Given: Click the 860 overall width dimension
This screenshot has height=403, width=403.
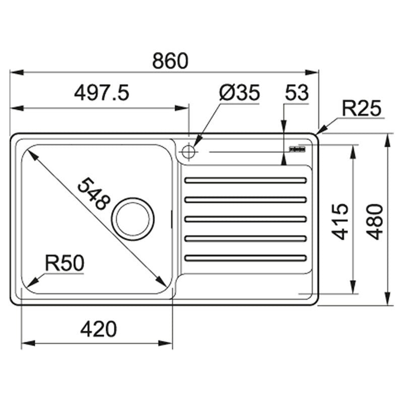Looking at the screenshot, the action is pyautogui.click(x=170, y=61).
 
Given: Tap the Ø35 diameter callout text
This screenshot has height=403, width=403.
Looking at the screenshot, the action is pyautogui.click(x=240, y=93).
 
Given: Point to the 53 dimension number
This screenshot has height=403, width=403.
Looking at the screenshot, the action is pyautogui.click(x=297, y=93).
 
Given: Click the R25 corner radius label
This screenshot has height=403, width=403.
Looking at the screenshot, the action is pyautogui.click(x=361, y=108).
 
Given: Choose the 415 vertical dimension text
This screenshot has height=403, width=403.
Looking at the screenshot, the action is pyautogui.click(x=340, y=222).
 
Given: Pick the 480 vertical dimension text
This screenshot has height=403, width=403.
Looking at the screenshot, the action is pyautogui.click(x=375, y=222).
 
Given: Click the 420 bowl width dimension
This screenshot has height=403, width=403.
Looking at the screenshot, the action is pyautogui.click(x=98, y=329).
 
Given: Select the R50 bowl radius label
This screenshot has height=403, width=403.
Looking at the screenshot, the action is pyautogui.click(x=64, y=263).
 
